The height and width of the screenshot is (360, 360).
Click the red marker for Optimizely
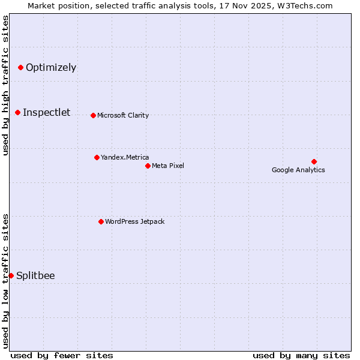click(x=20, y=67)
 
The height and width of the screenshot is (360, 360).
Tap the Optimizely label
click(x=51, y=67)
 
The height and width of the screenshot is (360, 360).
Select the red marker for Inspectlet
click(x=17, y=112)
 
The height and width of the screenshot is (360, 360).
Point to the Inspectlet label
click(x=46, y=112)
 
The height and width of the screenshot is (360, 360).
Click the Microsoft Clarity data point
click(x=93, y=115)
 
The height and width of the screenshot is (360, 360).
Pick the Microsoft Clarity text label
click(x=123, y=115)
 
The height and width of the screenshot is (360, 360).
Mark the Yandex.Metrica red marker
click(x=97, y=157)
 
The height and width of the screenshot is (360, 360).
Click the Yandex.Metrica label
click(x=125, y=157)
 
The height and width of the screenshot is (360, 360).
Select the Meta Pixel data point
click(x=148, y=166)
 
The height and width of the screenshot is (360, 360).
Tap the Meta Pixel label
click(x=168, y=166)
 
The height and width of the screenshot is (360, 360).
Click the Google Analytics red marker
click(x=314, y=161)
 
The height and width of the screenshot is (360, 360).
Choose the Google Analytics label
click(x=298, y=170)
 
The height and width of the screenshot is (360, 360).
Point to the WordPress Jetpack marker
click(x=101, y=221)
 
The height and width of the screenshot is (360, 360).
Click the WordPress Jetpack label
click(x=134, y=221)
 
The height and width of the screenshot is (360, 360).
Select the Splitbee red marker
click(x=11, y=275)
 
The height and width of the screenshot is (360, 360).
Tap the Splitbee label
click(x=35, y=275)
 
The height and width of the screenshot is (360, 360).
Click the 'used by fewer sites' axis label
click(x=62, y=355)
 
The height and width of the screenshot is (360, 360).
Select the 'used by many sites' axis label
click(x=301, y=355)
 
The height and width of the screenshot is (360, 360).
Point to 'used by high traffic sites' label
click(x=5, y=85)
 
